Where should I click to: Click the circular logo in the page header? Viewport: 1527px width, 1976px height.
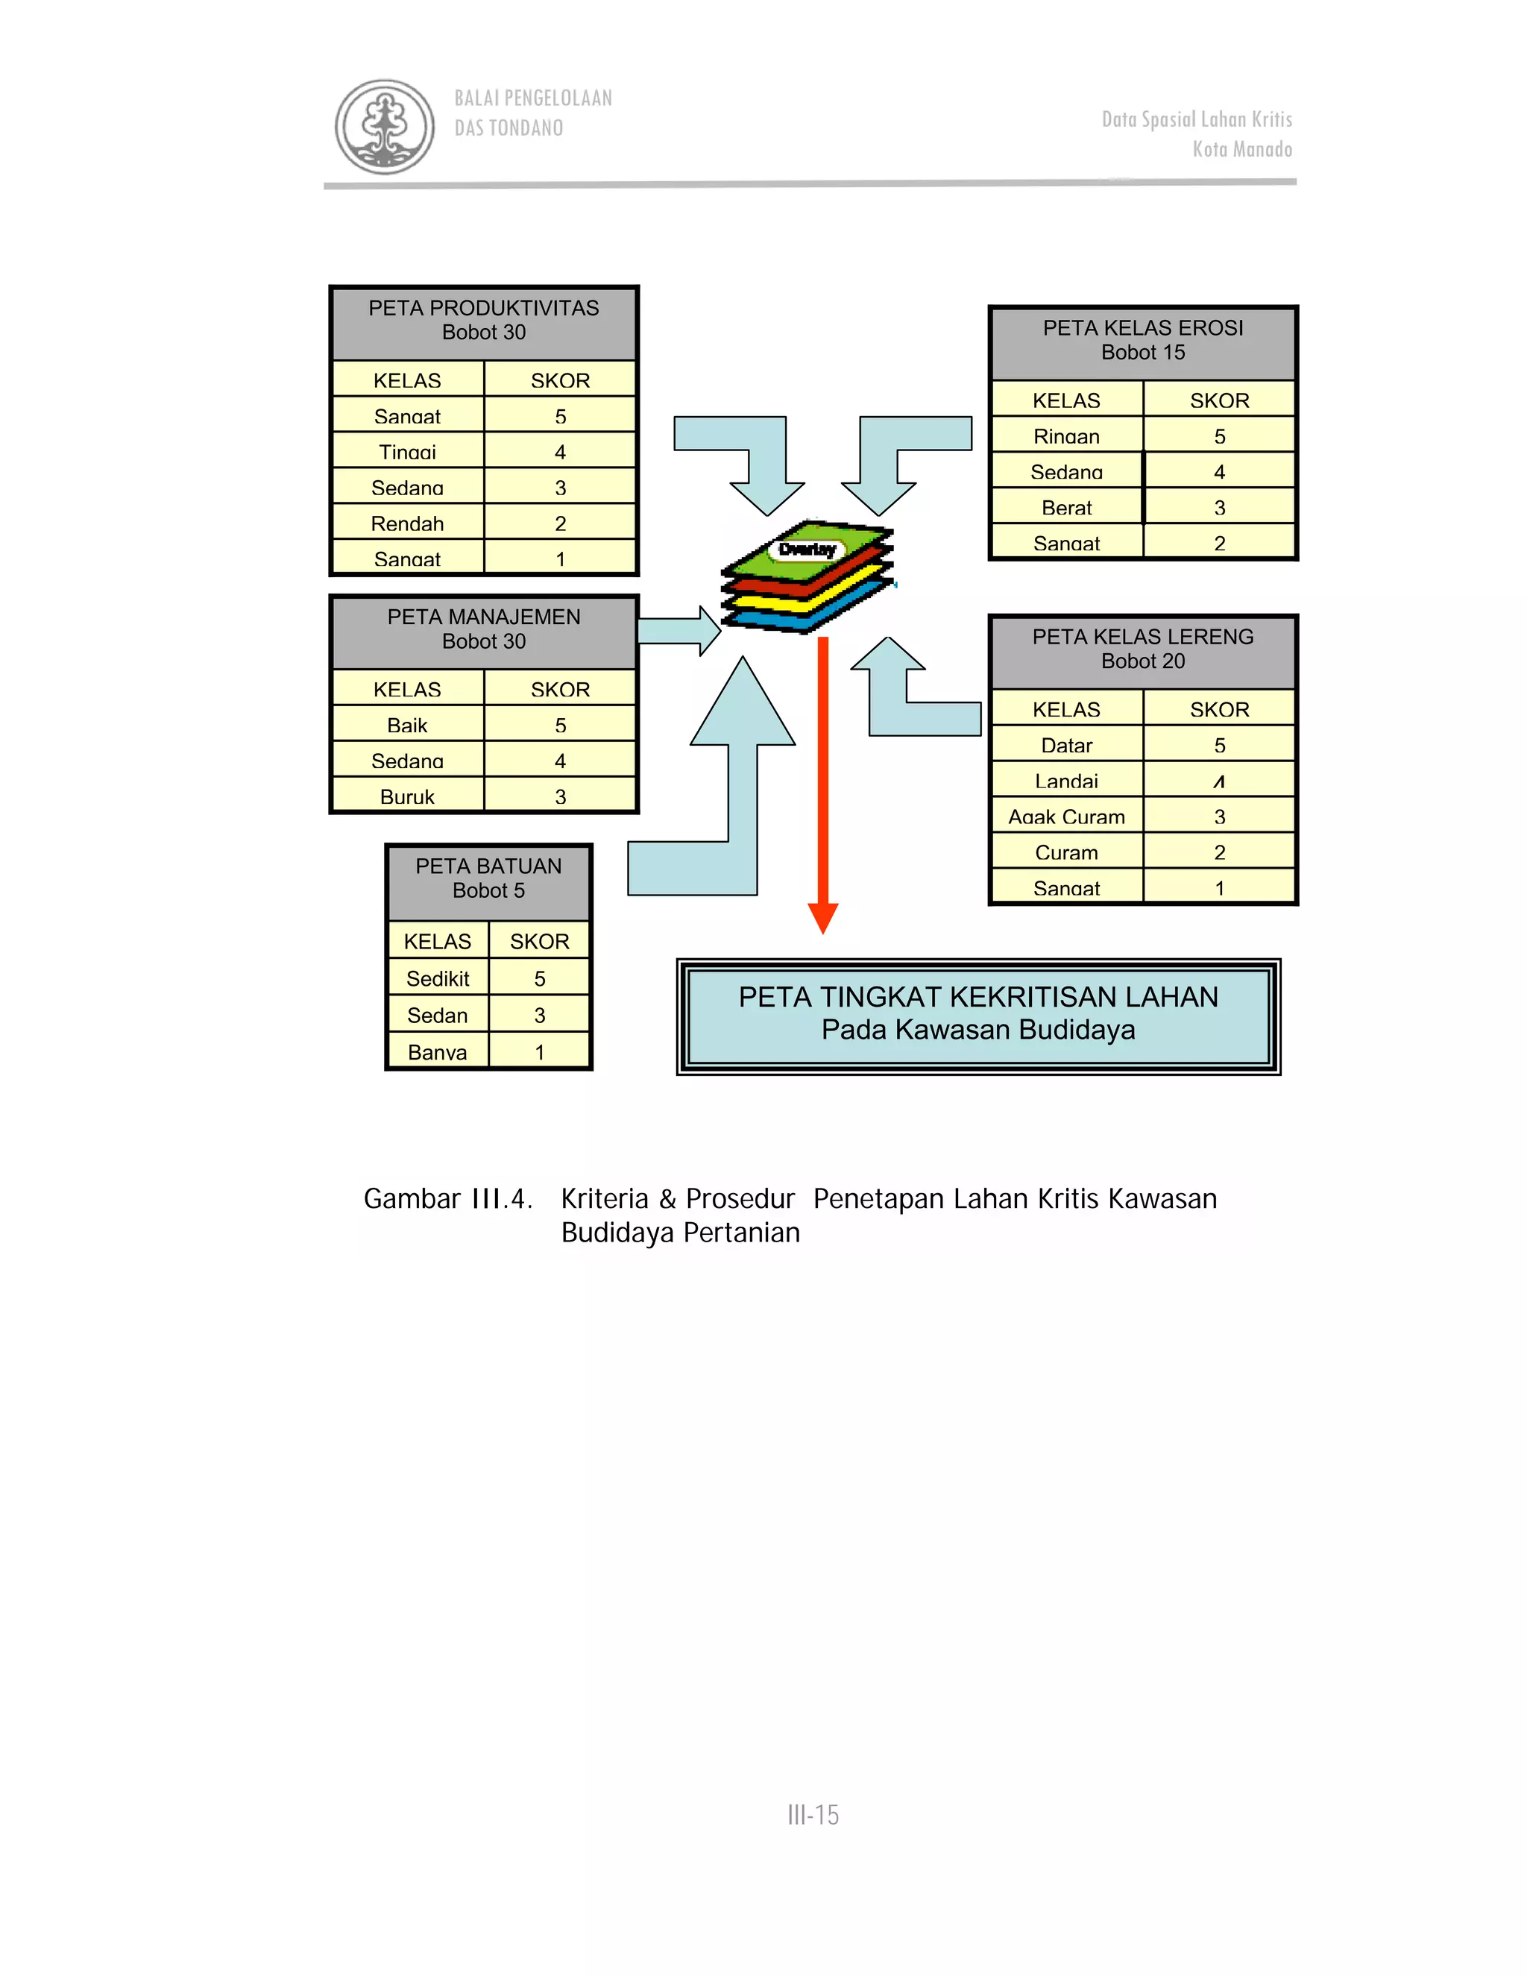click(385, 126)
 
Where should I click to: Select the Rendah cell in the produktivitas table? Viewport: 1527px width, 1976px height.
click(407, 523)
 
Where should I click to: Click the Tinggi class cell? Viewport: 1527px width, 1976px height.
click(407, 451)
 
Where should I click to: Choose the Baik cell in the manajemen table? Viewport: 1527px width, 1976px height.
click(407, 725)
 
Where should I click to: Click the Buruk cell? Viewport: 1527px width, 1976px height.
click(407, 796)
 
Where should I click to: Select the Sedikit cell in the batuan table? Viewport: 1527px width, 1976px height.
click(438, 978)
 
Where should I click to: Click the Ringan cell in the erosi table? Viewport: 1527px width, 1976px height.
click(1066, 436)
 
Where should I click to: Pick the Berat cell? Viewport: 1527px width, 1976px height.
click(1066, 508)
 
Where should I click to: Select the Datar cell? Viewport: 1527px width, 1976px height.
click(1066, 745)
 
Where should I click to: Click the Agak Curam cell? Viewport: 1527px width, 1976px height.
click(1066, 816)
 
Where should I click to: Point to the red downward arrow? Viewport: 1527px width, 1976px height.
click(822, 778)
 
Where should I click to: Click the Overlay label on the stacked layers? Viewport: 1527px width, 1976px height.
click(807, 550)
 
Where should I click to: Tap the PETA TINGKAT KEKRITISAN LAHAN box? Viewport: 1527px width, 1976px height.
click(978, 1014)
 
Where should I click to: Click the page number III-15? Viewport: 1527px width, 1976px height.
click(813, 1815)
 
